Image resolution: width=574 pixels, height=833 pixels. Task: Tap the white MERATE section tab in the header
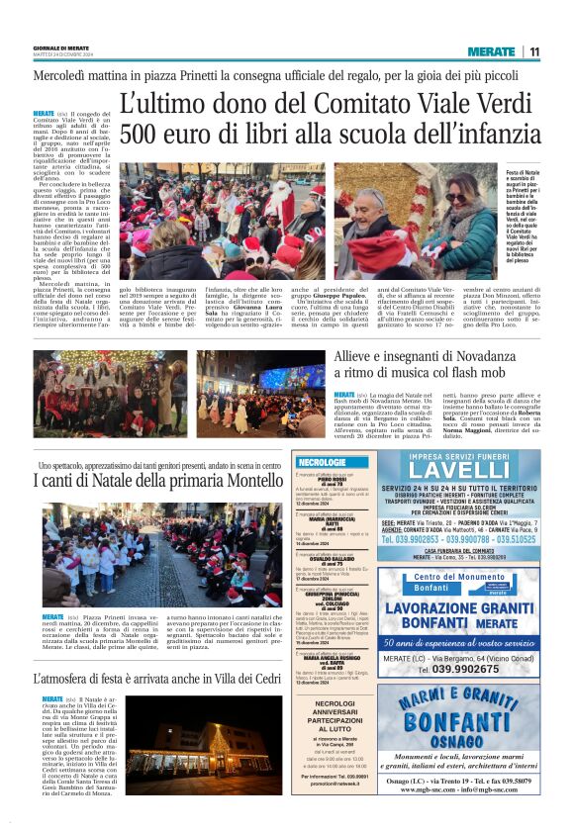tap(491, 51)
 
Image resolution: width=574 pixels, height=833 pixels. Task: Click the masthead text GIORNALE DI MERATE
tap(61, 48)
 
